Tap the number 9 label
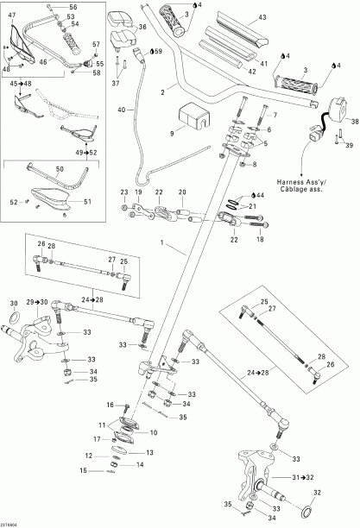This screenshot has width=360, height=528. coord(172,134)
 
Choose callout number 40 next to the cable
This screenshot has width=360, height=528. coord(122,110)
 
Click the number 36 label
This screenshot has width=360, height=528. coord(142,28)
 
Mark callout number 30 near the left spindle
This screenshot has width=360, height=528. coord(13,304)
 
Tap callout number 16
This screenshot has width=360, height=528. coord(111,405)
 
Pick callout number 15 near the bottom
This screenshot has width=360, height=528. coord(83,470)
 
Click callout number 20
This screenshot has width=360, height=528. coord(181,192)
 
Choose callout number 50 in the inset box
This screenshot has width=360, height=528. coord(60,170)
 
